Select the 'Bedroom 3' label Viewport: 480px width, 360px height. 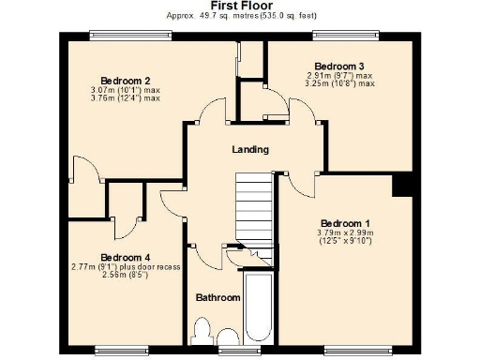point(338,66)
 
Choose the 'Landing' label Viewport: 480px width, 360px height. point(250,149)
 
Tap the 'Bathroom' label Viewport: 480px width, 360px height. point(217,297)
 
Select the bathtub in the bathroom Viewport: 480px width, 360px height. point(257,309)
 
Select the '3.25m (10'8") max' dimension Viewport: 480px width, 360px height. point(338,83)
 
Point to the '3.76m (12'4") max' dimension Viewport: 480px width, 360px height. point(126,97)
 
